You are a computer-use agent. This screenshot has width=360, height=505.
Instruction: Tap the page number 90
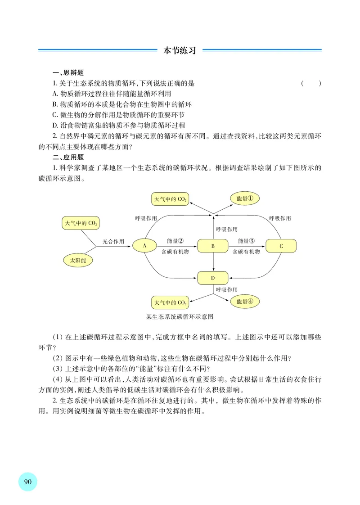tap(27, 481)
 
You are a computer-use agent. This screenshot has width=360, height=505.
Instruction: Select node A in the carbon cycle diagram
tap(145, 246)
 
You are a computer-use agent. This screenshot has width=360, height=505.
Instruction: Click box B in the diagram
tap(213, 246)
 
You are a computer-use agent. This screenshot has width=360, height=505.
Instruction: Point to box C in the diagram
tap(281, 246)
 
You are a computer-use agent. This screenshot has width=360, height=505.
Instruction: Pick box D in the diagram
tap(213, 278)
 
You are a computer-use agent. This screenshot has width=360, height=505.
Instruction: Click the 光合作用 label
tap(113, 241)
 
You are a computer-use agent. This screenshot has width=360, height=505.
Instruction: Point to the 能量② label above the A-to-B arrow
tap(175, 241)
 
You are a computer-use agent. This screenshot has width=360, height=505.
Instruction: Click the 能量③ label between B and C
tap(246, 241)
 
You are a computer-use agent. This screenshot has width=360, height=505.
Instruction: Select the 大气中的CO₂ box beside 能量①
tap(170, 198)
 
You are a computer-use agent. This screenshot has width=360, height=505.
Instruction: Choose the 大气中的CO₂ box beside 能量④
tap(170, 302)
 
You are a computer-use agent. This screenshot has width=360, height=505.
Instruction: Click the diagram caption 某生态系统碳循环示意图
tap(180, 316)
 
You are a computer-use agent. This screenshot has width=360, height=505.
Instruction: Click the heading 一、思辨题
tap(68, 73)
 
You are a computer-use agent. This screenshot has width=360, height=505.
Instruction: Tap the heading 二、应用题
tap(68, 157)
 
